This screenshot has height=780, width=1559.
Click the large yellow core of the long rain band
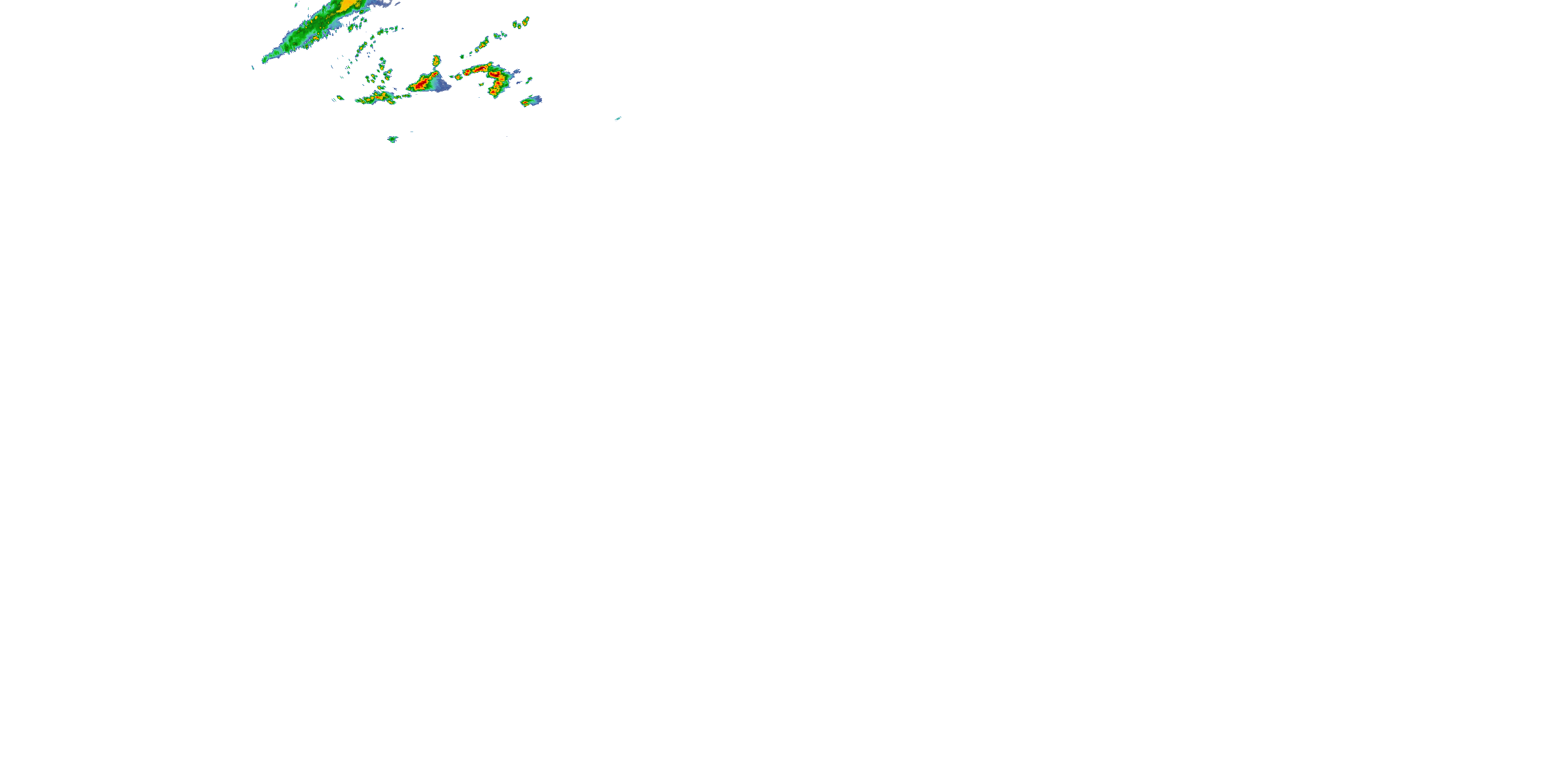pos(349,5)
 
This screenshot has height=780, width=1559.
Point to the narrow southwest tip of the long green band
pos(264,60)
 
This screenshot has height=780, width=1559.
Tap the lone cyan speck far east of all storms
pos(618,119)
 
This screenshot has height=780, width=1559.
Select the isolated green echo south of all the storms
pos(392,139)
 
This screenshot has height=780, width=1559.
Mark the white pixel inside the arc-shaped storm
pos(495,74)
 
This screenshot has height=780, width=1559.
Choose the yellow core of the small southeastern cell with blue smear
pos(526,103)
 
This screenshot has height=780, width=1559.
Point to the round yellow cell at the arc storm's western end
pos(458,77)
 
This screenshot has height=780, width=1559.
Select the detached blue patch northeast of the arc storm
pos(516,73)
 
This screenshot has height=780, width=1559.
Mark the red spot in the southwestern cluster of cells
pos(381,96)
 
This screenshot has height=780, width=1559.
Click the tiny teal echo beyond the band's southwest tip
pos(253,67)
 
